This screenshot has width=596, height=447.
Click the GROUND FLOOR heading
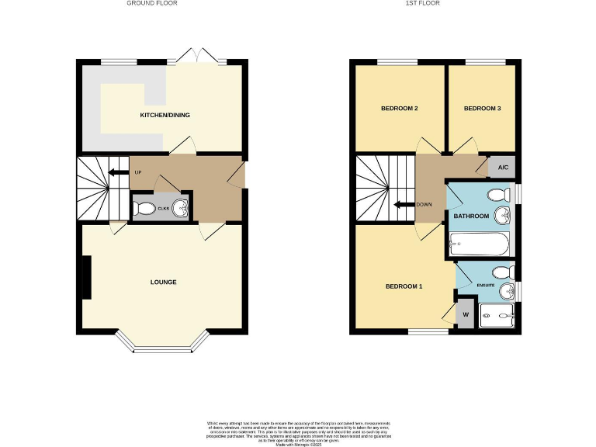[x=152, y=3]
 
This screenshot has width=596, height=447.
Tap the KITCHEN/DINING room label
[x=165, y=116]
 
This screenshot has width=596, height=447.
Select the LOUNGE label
[x=163, y=282]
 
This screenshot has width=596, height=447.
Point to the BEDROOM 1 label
[x=404, y=286]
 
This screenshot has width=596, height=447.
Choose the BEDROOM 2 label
[x=400, y=109]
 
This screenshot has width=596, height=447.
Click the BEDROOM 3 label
[x=482, y=109]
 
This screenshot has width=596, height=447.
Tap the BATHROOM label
[x=471, y=217]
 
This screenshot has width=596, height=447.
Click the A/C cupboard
[x=503, y=168]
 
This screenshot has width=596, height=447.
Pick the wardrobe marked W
[x=466, y=315]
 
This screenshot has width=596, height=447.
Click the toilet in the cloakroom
[x=142, y=208]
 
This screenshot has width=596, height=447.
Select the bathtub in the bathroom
[x=479, y=245]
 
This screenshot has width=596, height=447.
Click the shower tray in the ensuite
[x=498, y=316]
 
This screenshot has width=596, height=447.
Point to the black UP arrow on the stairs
[x=118, y=172]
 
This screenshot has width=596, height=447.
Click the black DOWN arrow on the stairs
[x=403, y=205]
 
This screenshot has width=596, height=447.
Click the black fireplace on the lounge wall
[x=86, y=277]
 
